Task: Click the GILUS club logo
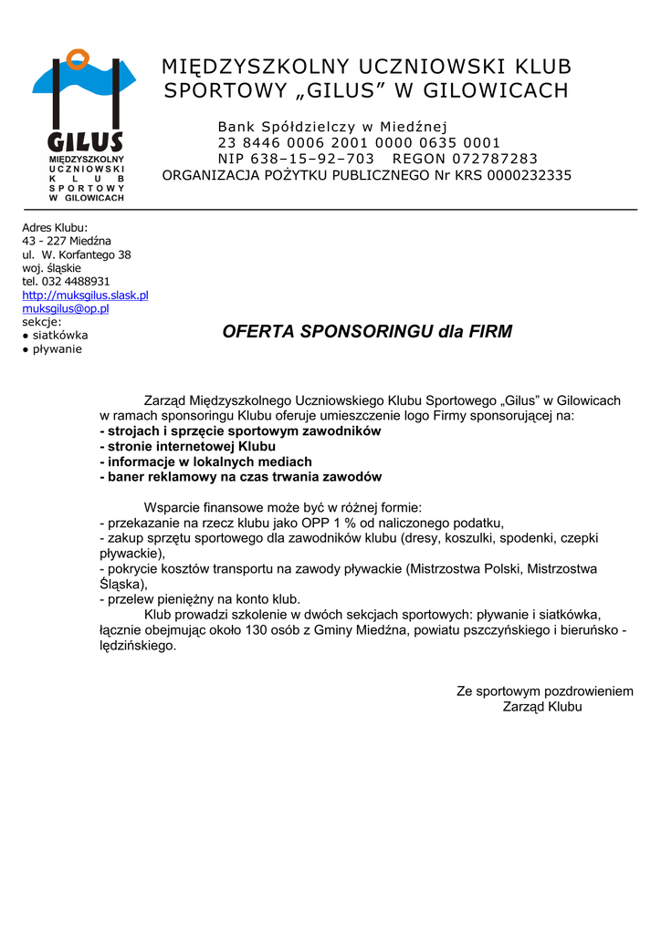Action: tap(85, 125)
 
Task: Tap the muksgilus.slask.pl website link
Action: tap(85, 295)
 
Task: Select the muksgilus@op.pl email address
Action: tap(66, 308)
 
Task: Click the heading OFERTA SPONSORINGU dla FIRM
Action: tap(367, 332)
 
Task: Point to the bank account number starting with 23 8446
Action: tap(359, 142)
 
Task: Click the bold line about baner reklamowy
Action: tap(241, 477)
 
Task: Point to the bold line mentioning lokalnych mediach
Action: tap(205, 462)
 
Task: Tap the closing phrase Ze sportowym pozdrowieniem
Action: tap(544, 691)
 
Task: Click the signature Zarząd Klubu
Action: tap(542, 707)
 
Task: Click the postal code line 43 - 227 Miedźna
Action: tap(67, 241)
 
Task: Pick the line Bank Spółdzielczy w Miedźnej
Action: tap(332, 126)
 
